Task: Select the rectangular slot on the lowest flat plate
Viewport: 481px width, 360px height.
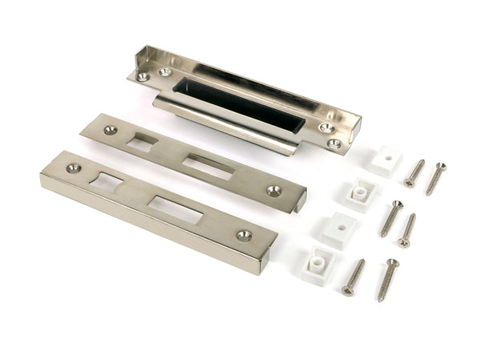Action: point(174,208)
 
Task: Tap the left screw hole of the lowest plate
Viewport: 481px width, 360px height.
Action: point(74,168)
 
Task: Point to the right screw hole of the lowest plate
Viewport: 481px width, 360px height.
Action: point(244,235)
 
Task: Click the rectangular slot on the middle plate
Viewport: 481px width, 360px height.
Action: point(208,167)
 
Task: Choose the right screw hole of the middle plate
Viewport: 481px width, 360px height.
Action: point(274,191)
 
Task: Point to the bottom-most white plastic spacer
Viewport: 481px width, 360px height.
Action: point(317,261)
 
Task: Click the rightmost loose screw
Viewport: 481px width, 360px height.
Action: point(435,178)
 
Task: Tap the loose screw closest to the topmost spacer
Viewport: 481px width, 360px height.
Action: point(414,172)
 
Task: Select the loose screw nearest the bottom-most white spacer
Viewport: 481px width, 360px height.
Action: point(354,276)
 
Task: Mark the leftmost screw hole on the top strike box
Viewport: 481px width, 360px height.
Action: point(143,77)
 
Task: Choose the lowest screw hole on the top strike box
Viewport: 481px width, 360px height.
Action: point(334,144)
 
